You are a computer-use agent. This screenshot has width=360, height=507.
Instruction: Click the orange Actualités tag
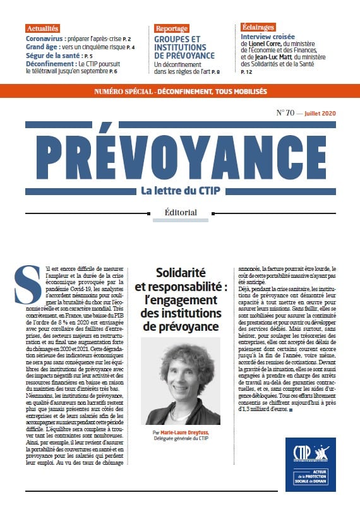tap(43, 28)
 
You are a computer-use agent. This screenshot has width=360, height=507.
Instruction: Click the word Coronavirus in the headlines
tap(48, 38)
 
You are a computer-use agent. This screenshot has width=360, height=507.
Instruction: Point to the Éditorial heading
tap(180, 212)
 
